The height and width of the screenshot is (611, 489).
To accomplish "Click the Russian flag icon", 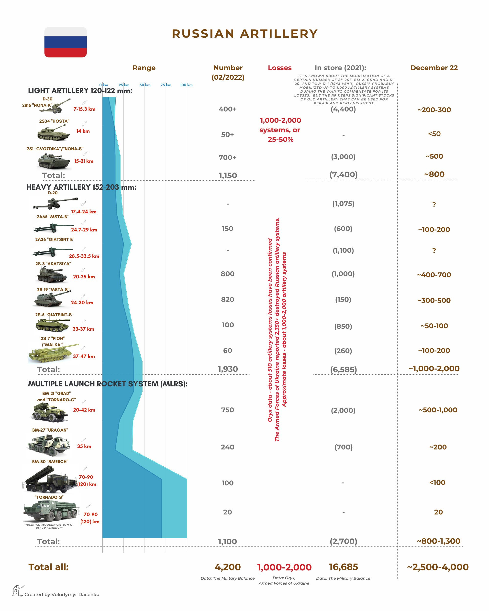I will [x=66, y=42].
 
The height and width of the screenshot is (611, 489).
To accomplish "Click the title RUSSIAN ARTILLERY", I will [x=245, y=34].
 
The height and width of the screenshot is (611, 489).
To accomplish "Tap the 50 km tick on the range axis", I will [x=145, y=85].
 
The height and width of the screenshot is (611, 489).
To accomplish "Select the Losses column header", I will [x=279, y=68].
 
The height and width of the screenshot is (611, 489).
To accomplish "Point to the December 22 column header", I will [x=434, y=68].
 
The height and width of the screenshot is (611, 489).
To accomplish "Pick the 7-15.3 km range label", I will [x=85, y=109].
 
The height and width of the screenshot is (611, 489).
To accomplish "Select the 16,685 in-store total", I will [x=343, y=567].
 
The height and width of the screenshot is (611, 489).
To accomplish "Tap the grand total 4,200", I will [x=227, y=567].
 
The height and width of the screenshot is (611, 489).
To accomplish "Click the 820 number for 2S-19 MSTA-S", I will [x=228, y=300].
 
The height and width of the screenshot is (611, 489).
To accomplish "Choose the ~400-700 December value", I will [x=434, y=275].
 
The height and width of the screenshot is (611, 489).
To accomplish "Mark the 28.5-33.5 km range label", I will [x=84, y=256].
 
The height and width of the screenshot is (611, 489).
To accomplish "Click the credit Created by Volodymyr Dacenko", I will [x=62, y=595].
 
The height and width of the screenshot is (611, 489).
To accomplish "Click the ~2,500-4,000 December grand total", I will [x=438, y=567].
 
